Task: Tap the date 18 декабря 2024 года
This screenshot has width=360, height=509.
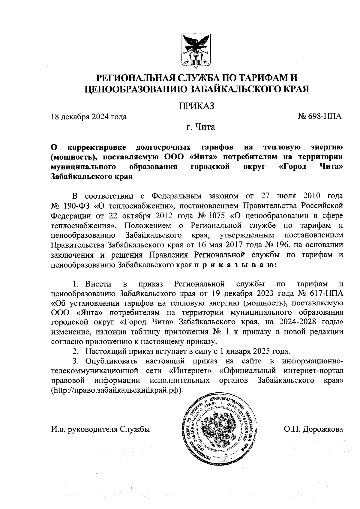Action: [89, 117]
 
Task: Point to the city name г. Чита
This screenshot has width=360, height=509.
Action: [200, 127]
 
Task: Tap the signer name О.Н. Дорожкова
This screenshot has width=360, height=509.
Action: [313, 429]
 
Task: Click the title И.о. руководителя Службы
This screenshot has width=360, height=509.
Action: [100, 429]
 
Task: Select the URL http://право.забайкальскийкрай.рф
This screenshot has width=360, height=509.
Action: [117, 390]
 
